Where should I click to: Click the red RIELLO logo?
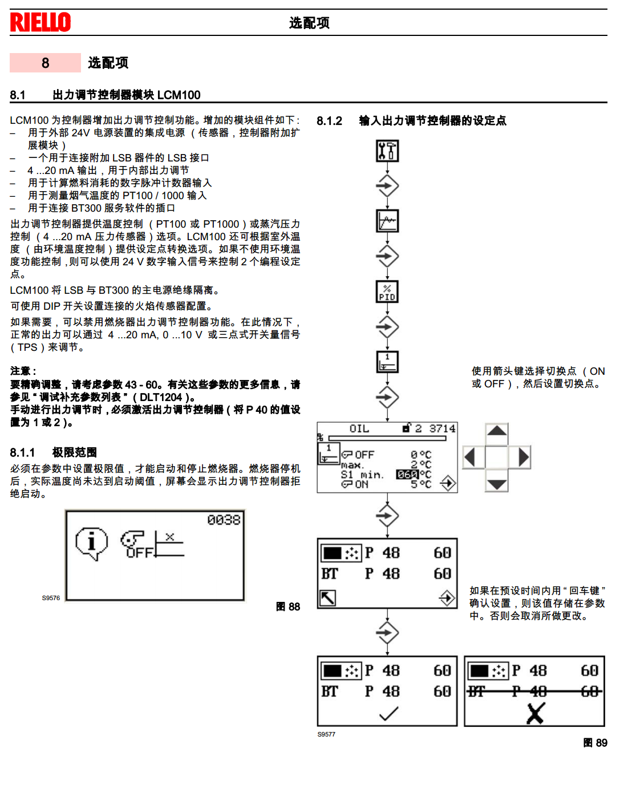40,22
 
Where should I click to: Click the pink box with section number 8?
45,63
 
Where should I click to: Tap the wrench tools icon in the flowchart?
387,151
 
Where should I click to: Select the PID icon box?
387,292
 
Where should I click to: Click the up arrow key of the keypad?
497,432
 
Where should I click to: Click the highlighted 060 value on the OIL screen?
407,475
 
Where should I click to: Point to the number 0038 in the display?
224,520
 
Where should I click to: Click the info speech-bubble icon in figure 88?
91,543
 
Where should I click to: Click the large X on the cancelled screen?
535,713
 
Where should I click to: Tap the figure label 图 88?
288,606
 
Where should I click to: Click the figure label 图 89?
595,743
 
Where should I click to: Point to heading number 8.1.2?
330,121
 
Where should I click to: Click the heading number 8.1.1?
22,453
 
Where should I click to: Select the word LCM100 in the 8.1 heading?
179,95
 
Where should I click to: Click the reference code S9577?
326,734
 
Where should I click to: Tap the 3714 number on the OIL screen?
442,428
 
